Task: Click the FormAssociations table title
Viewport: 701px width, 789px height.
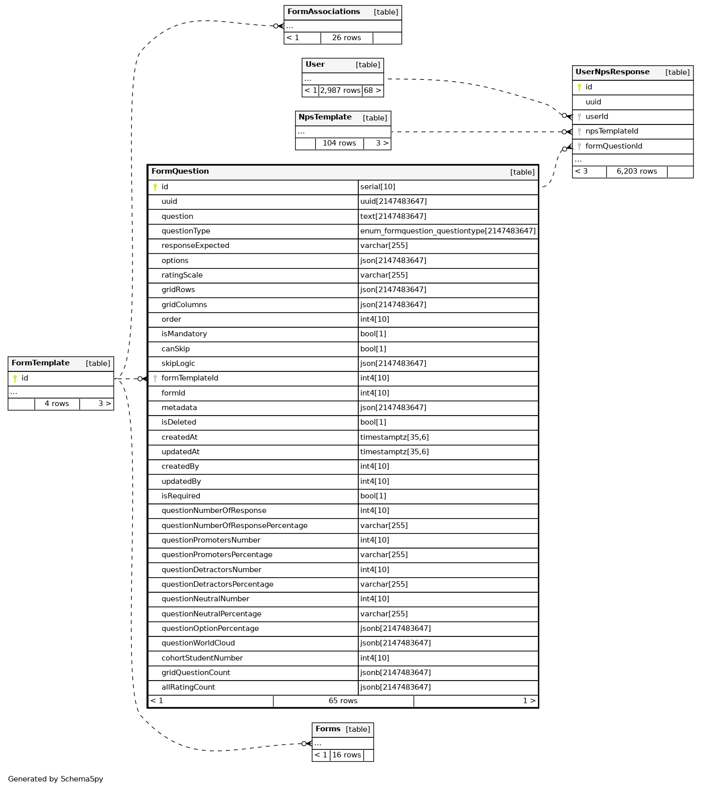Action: (x=324, y=12)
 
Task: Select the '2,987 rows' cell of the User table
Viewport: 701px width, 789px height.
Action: (x=340, y=91)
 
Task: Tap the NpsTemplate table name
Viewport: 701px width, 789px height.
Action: (x=325, y=117)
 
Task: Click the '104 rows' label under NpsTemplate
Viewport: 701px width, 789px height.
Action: (x=339, y=144)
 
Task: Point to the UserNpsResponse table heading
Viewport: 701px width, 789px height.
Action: (x=612, y=72)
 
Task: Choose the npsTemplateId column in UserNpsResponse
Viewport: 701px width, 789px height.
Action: (x=612, y=131)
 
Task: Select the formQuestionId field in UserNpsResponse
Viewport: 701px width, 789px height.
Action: (x=614, y=147)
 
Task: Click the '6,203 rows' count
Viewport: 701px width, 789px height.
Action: (x=637, y=172)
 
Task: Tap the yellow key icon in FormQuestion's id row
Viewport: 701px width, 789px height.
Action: (x=155, y=187)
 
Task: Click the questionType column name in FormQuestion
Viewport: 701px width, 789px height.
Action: (x=186, y=231)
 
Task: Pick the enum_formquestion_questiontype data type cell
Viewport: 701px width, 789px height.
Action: (x=448, y=231)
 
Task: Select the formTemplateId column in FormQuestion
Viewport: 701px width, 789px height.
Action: (x=190, y=378)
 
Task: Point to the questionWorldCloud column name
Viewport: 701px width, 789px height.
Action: (x=198, y=643)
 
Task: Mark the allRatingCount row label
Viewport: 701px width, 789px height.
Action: (x=188, y=688)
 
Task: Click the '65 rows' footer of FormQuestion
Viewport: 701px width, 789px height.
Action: (x=343, y=701)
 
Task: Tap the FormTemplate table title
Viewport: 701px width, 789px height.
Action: (x=41, y=363)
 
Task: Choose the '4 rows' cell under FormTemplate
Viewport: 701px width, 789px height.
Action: (x=57, y=404)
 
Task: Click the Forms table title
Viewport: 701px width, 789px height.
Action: (x=328, y=729)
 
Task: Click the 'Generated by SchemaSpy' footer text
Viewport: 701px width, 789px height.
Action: (x=56, y=779)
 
